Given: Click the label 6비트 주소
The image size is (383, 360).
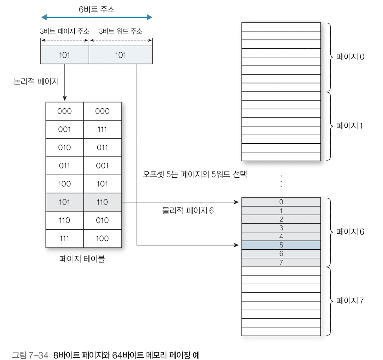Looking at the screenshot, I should pyautogui.click(x=97, y=9).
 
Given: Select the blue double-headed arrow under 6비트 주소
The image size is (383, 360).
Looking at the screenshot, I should pyautogui.click(x=97, y=17).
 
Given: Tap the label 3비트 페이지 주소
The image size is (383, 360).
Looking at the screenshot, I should pyautogui.click(x=65, y=31).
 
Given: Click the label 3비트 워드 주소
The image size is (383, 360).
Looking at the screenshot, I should pyautogui.click(x=121, y=31).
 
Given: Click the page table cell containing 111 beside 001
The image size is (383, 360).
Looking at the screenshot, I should pyautogui.click(x=102, y=129).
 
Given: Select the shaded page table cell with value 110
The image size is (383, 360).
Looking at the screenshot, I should pyautogui.click(x=102, y=202).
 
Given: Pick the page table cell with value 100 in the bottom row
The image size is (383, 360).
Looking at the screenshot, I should pyautogui.click(x=102, y=238).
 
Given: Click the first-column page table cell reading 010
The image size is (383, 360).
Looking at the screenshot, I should pyautogui.click(x=65, y=148).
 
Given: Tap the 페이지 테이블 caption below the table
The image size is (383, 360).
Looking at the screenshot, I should pyautogui.click(x=82, y=260).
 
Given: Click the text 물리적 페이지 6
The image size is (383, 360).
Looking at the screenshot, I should pyautogui.click(x=188, y=211).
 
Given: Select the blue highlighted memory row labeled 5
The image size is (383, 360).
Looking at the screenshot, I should pyautogui.click(x=281, y=245).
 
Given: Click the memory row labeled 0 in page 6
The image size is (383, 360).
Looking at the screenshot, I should pyautogui.click(x=281, y=202).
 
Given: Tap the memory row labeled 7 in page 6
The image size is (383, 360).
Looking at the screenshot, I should pyautogui.click(x=281, y=263).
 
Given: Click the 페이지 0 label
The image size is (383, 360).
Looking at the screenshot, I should pyautogui.click(x=350, y=57).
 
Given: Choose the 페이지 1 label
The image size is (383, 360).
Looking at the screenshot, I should pyautogui.click(x=350, y=126).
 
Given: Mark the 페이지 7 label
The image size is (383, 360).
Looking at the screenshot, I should pyautogui.click(x=350, y=301).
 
